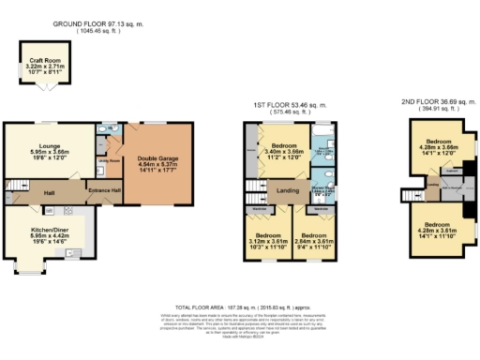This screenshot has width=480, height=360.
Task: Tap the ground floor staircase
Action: (17, 185)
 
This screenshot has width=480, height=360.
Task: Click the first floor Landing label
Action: (288, 190)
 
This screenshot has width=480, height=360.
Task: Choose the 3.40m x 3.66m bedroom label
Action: (285, 151)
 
